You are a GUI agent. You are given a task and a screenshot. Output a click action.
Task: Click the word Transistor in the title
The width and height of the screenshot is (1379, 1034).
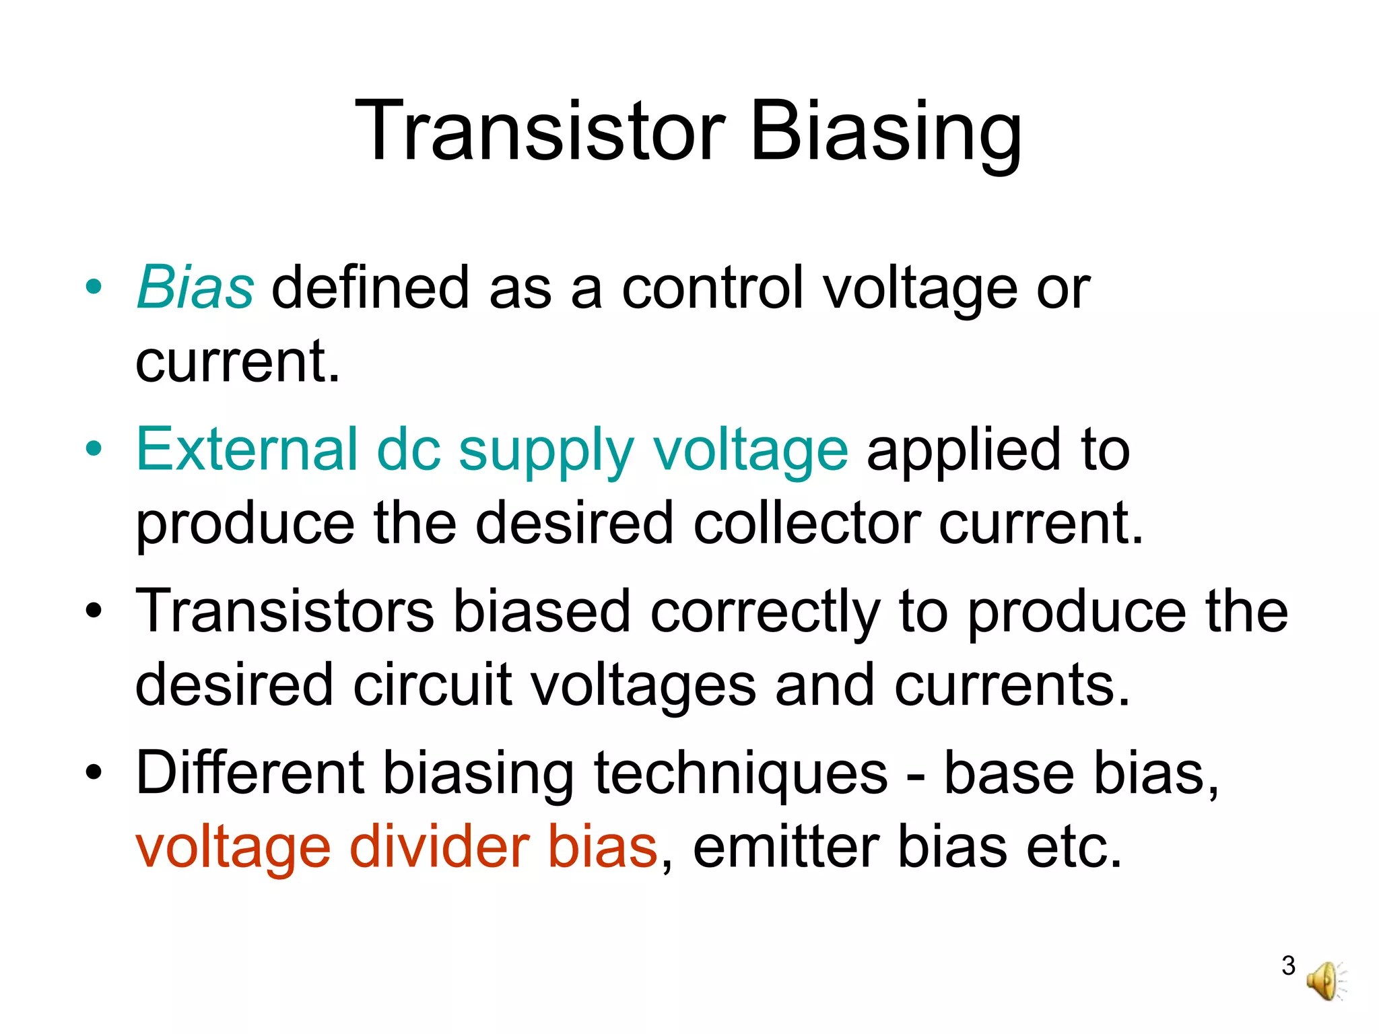click(539, 131)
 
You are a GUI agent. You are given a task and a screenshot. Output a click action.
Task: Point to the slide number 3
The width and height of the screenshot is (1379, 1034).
click(1288, 965)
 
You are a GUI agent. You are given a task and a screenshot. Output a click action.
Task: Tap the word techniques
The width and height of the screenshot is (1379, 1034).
click(741, 774)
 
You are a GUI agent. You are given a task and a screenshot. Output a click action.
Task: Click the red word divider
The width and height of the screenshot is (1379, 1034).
click(440, 847)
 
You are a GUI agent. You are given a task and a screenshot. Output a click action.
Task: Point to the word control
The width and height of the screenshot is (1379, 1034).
click(713, 288)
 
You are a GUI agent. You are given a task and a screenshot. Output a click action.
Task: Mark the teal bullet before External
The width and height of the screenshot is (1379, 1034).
click(94, 448)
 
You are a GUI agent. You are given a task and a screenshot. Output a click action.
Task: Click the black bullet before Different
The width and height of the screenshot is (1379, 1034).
click(94, 772)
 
